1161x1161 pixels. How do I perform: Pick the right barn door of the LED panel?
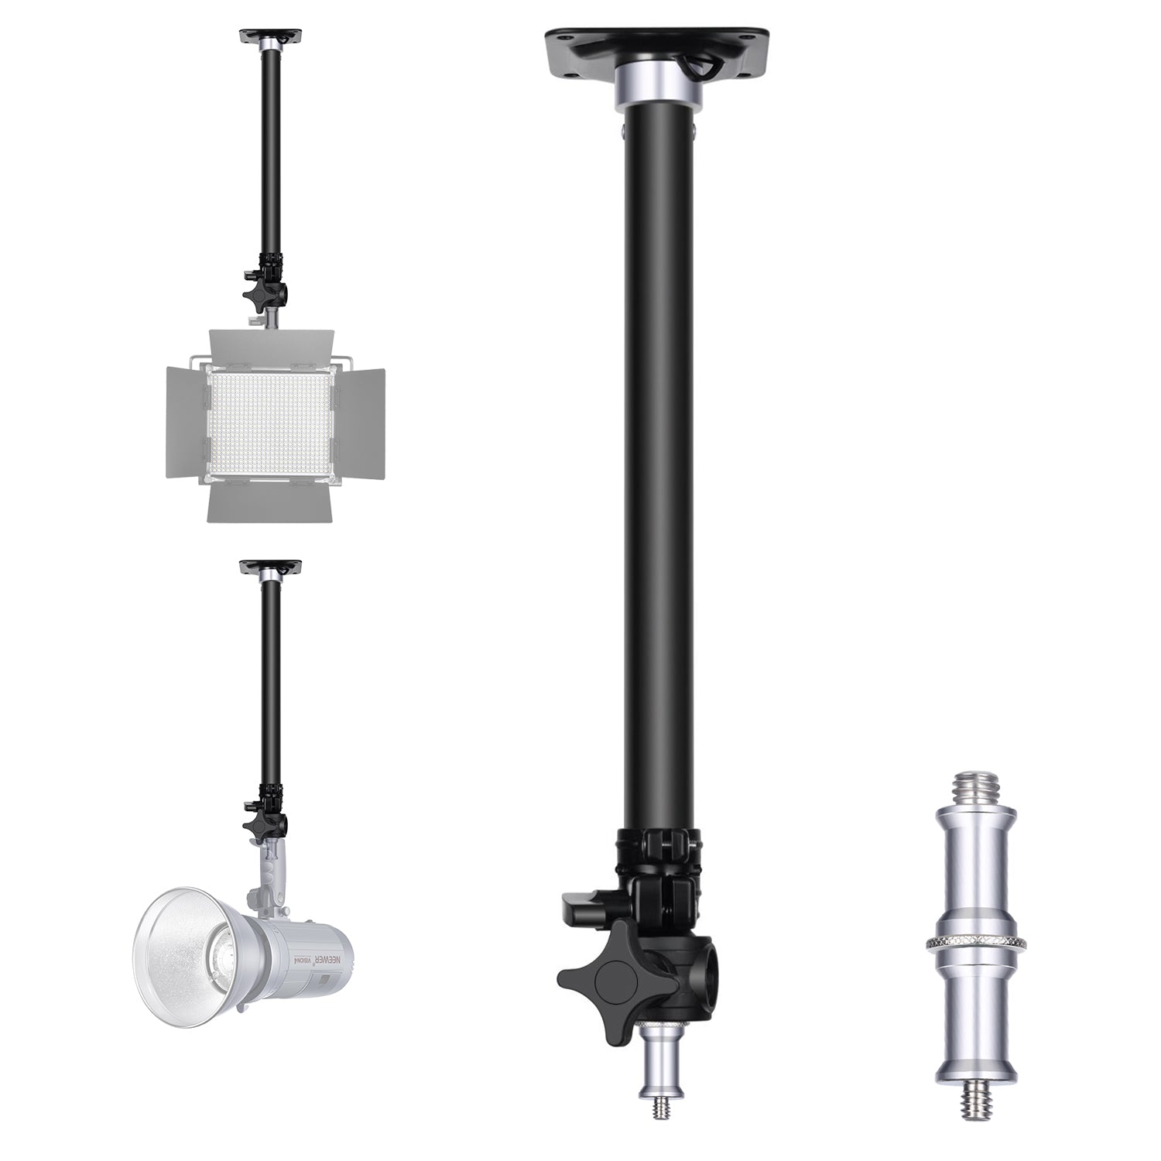point(358,422)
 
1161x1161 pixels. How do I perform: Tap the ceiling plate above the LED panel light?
point(270,36)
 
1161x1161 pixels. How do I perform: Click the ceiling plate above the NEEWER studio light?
point(270,567)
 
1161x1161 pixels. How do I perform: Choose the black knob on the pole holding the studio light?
point(258,825)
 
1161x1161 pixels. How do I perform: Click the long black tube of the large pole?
point(658,464)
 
